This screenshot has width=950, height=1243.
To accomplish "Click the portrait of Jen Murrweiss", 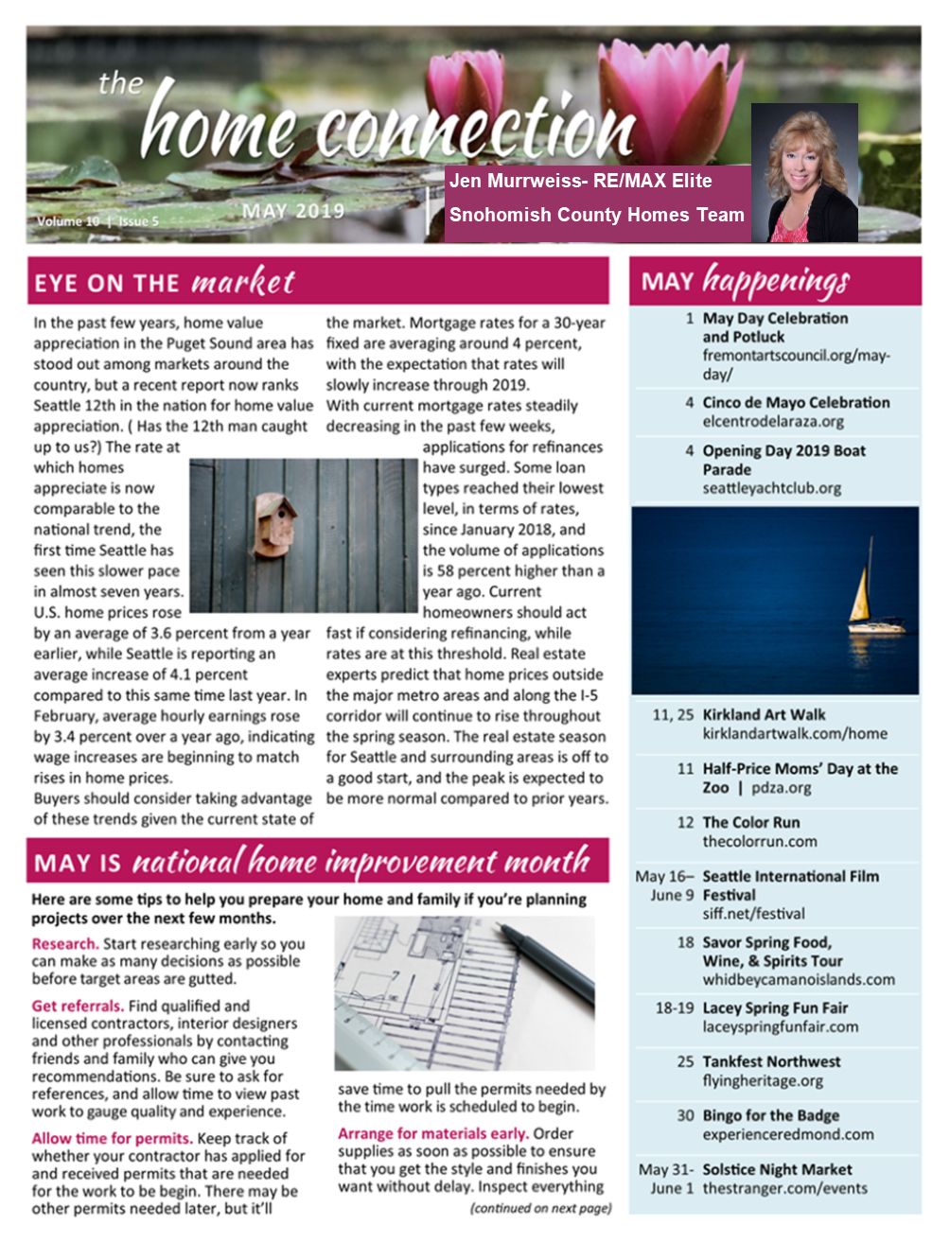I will [x=803, y=173].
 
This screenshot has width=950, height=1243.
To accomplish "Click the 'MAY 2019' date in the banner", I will [x=293, y=211].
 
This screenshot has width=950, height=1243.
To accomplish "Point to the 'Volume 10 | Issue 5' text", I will [x=97, y=221].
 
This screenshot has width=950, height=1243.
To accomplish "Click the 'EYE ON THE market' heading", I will [x=165, y=282].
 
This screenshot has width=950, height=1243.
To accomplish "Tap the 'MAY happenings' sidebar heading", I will [x=746, y=281].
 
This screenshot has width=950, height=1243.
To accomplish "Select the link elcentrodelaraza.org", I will [x=772, y=422].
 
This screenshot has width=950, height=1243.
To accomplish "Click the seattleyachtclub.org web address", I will [x=771, y=488].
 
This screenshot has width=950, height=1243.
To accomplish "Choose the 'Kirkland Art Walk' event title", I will [x=764, y=715].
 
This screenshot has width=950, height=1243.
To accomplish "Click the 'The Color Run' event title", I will [x=750, y=823].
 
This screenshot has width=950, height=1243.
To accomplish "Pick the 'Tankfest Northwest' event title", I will [x=771, y=1062].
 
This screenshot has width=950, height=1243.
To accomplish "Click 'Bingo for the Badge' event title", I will [x=770, y=1116].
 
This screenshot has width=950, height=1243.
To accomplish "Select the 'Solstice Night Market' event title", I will [x=777, y=1170].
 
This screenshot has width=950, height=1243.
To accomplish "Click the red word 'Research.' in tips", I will [x=65, y=944].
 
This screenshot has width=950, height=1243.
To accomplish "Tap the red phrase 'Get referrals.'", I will [x=78, y=1007].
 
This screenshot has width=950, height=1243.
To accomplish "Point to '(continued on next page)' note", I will [x=540, y=1208].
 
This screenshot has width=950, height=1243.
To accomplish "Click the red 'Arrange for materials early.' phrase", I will [x=432, y=1133].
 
